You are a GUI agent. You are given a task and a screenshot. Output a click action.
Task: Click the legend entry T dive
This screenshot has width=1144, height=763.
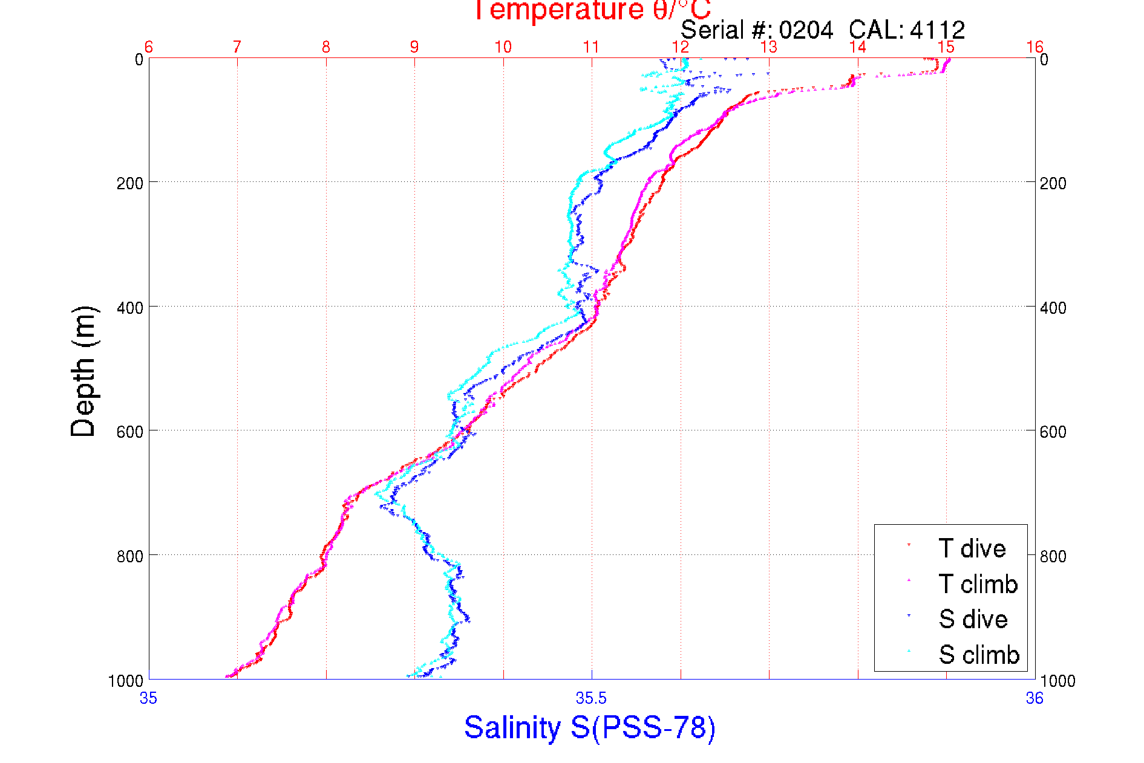[x=972, y=548]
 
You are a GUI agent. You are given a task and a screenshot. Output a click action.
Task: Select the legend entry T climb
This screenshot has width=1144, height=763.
[x=978, y=584]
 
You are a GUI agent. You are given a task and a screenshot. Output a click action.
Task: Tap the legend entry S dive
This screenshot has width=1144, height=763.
[x=973, y=619]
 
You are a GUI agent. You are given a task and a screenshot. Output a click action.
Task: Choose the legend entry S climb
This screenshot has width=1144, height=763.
[x=979, y=655]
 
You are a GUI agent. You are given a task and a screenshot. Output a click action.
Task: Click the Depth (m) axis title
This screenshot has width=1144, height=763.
[x=83, y=371]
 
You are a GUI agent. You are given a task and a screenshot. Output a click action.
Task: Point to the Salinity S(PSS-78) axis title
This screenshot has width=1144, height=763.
[x=590, y=727]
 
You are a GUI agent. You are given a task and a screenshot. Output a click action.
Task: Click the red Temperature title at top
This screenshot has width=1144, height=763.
[x=591, y=11]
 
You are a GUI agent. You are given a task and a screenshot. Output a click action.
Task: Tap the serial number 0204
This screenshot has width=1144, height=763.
[x=806, y=30]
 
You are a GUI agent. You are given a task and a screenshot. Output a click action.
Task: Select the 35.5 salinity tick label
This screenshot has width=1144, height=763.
[x=591, y=699]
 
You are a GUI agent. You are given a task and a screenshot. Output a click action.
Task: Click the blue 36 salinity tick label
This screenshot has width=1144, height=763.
[x=1035, y=699]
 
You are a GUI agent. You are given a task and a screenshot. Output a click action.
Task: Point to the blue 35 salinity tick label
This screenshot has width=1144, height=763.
[x=148, y=699]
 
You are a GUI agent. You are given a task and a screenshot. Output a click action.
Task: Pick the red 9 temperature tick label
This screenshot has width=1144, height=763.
[x=414, y=47]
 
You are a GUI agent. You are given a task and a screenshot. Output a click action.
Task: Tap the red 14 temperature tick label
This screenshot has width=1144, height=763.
[x=858, y=47]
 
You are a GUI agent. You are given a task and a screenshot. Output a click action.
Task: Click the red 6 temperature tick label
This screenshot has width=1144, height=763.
[x=149, y=47]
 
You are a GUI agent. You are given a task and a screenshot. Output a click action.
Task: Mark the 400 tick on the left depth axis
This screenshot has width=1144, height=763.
[x=130, y=308]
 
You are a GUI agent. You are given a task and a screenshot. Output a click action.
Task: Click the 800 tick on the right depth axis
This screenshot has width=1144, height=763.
[x=1053, y=556]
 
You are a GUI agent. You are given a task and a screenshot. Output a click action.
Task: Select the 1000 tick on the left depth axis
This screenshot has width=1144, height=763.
[x=126, y=681]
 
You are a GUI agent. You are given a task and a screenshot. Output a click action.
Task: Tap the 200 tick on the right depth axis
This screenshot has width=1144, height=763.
[x=1053, y=183]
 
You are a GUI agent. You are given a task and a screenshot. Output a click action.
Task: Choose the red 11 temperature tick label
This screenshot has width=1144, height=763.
[x=591, y=47]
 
